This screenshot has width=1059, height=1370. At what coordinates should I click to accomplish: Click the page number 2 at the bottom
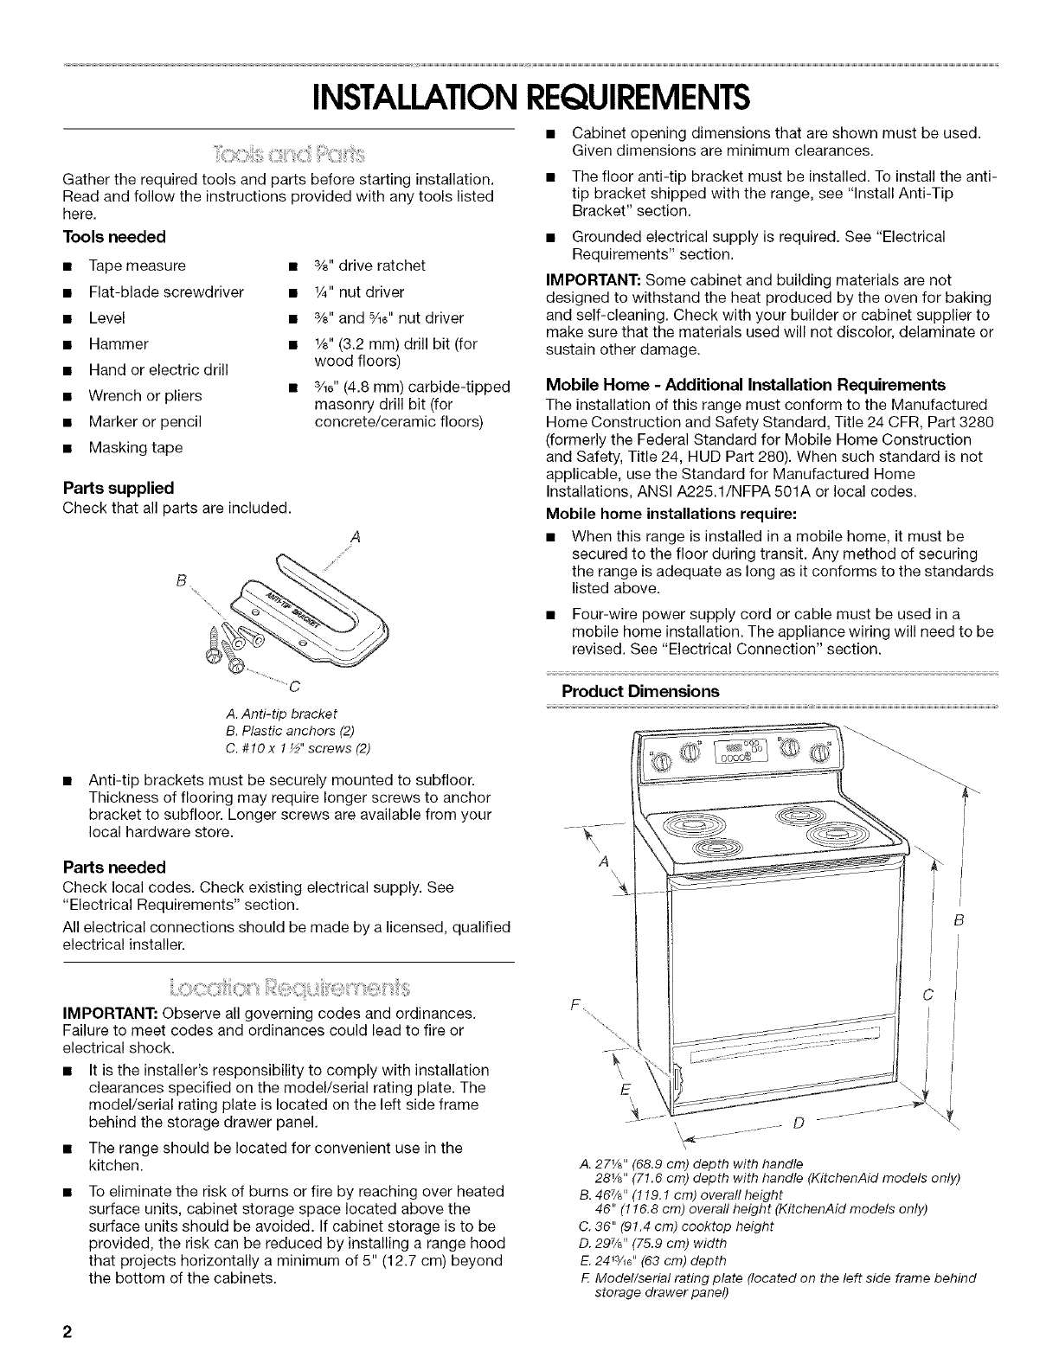pos(66,1332)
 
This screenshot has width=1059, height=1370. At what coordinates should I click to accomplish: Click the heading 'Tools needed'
pos(113,236)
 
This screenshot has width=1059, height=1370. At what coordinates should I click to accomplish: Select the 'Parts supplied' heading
pos(119,487)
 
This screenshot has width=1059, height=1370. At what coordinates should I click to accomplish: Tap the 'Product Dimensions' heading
pos(640,691)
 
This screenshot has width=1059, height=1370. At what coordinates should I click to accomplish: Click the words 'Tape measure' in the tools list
pos(137,266)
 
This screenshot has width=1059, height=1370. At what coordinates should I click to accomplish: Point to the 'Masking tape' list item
pos(136,448)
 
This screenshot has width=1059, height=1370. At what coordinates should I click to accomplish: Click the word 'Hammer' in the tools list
pos(119,343)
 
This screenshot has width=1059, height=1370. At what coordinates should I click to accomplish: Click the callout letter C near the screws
pos(293,688)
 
